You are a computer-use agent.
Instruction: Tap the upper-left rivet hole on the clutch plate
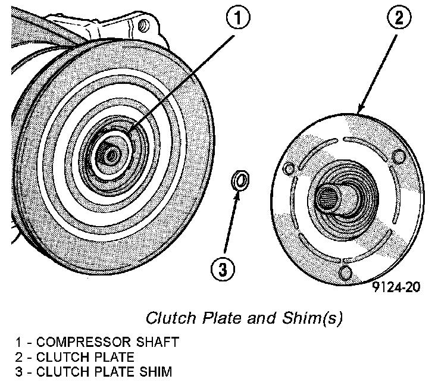point(289,170)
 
